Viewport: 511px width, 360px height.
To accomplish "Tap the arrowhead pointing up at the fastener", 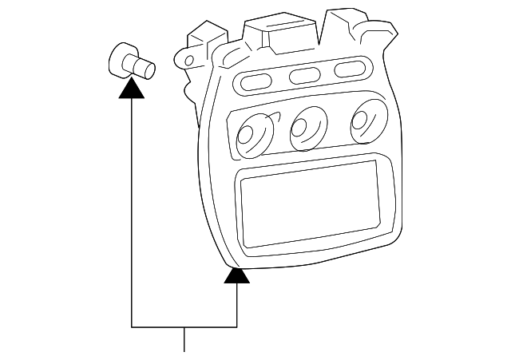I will (x=131, y=88).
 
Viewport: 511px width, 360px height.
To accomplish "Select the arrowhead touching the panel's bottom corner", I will (x=236, y=275).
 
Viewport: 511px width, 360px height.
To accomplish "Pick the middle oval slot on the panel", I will (x=304, y=75).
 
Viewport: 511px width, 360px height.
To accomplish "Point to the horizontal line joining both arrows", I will (x=184, y=327).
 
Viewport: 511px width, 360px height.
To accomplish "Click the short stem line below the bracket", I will (x=184, y=339).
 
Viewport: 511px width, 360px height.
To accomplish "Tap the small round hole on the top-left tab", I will (x=188, y=59).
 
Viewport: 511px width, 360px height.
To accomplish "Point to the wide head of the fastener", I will (x=121, y=60).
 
